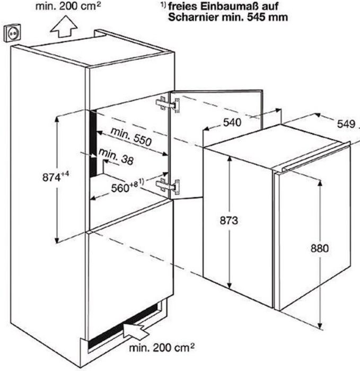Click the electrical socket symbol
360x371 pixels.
(x=12, y=33)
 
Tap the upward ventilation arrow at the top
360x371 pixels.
(x=64, y=26)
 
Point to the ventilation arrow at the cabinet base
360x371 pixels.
(x=135, y=331)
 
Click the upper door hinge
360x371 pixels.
(x=168, y=104)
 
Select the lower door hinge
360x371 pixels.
(x=168, y=185)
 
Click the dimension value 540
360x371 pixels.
(x=232, y=122)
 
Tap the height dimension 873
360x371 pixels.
(x=229, y=220)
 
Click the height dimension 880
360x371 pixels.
(x=320, y=249)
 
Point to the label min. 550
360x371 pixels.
(x=131, y=137)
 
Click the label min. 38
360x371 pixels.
(x=116, y=156)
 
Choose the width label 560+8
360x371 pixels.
(x=127, y=186)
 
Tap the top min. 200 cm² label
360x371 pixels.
(x=68, y=6)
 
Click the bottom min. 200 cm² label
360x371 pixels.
(x=162, y=348)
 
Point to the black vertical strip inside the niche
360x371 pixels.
(x=93, y=144)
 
